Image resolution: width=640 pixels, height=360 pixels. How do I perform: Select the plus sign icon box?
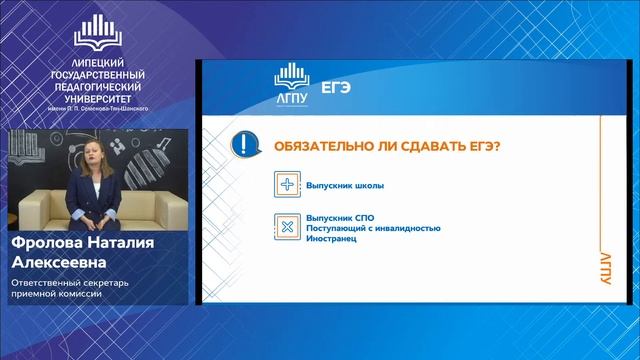[287, 185]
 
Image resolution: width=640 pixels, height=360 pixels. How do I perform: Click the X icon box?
[287, 226]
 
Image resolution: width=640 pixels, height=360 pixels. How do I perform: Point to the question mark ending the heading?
[498, 147]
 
